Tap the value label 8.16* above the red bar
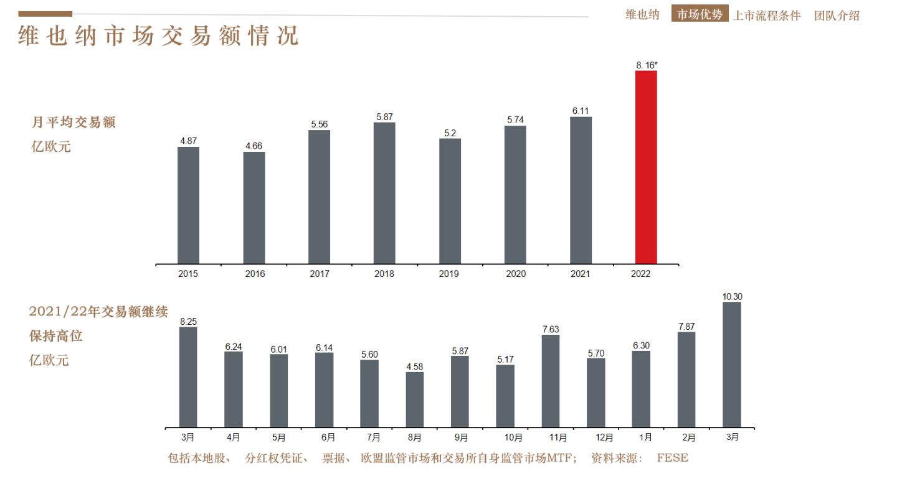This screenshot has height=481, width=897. click(x=647, y=65)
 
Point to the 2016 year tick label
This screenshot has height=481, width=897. click(x=254, y=274)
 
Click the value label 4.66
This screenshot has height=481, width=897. click(x=254, y=146)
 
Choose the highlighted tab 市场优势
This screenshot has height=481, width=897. click(x=700, y=14)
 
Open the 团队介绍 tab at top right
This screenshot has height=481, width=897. click(x=837, y=16)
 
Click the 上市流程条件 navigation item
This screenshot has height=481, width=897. click(x=766, y=16)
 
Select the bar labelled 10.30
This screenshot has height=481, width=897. click(x=732, y=365)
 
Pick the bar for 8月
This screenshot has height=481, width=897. click(x=415, y=399)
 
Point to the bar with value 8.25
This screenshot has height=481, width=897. click(x=188, y=377)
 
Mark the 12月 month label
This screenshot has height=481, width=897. click(x=604, y=437)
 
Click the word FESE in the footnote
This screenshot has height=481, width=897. click(x=673, y=458)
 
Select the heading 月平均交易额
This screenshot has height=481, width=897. click(x=74, y=123)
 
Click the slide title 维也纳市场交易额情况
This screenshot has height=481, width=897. click(x=158, y=35)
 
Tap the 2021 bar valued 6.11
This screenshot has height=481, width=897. click(x=581, y=190)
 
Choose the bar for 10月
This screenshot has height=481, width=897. click(x=505, y=396)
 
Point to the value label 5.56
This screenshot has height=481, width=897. click(x=319, y=124)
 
